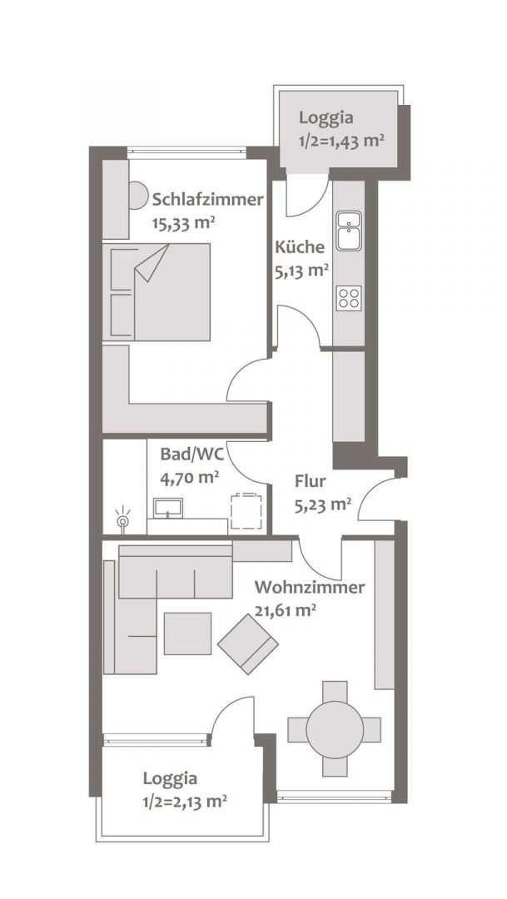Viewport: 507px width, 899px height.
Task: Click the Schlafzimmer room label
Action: (x=208, y=200)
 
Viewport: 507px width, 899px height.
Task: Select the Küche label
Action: (x=300, y=248)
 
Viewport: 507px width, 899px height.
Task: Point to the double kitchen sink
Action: (x=349, y=230)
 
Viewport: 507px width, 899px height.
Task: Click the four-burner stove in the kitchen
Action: (x=349, y=299)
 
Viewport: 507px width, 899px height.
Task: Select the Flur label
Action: (x=311, y=482)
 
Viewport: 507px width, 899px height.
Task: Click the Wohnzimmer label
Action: (x=310, y=588)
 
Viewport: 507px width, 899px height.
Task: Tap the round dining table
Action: (x=335, y=728)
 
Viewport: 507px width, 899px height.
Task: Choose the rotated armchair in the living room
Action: (x=248, y=643)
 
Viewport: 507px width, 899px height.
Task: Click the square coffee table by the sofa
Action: (x=187, y=633)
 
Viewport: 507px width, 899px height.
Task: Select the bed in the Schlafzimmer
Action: (x=160, y=292)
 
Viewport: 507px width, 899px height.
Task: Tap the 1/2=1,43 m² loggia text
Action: (x=341, y=141)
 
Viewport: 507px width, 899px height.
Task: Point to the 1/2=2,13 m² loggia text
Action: (x=184, y=801)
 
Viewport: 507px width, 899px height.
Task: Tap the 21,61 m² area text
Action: (x=286, y=611)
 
